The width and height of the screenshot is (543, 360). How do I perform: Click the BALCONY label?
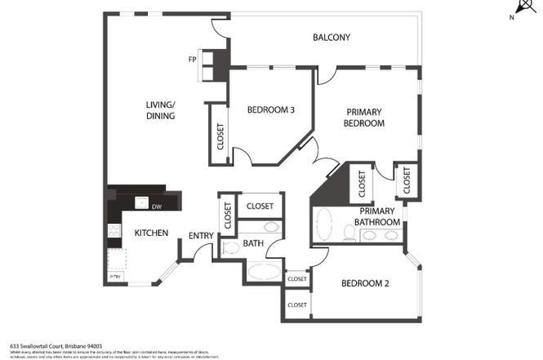332,38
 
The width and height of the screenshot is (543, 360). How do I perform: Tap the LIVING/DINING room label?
161,110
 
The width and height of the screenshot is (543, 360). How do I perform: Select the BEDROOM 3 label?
270,111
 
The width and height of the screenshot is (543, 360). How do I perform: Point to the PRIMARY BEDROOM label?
365,118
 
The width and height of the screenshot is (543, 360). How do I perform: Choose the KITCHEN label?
151,233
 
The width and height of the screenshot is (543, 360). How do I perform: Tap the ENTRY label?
201,236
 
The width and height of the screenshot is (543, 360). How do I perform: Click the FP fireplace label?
192,60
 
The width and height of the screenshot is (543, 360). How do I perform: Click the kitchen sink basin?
140,204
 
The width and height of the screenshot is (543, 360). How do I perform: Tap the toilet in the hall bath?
229,249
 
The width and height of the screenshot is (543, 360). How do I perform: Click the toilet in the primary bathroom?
349,235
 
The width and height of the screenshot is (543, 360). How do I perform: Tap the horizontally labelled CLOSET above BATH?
260,207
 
